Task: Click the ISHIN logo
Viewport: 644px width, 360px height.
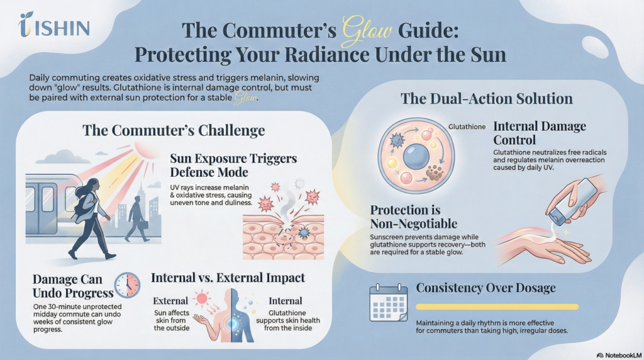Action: pos(54,25)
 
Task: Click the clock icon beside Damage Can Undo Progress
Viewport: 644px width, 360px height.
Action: pos(127,285)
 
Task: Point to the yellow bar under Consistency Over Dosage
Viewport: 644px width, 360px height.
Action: pos(497,307)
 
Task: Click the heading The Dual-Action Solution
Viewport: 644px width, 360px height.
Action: pos(486,99)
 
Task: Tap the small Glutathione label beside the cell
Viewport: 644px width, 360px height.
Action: pos(467,127)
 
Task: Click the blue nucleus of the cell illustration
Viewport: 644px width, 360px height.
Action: pos(416,156)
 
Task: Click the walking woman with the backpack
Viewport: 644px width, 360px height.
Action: pos(91,218)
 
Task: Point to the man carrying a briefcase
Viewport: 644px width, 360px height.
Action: pos(136,218)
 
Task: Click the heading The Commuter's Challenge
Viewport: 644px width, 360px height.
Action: pos(174,130)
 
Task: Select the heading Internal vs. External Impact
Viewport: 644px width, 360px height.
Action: pos(228,278)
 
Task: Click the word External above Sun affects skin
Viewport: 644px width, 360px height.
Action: pos(170,301)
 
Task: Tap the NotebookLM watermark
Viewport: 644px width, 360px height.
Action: pos(619,355)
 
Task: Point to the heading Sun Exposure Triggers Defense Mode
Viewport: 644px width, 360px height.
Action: pos(233,165)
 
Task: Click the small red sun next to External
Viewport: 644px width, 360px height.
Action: pos(202,298)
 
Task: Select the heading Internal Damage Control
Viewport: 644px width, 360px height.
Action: pos(540,133)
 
